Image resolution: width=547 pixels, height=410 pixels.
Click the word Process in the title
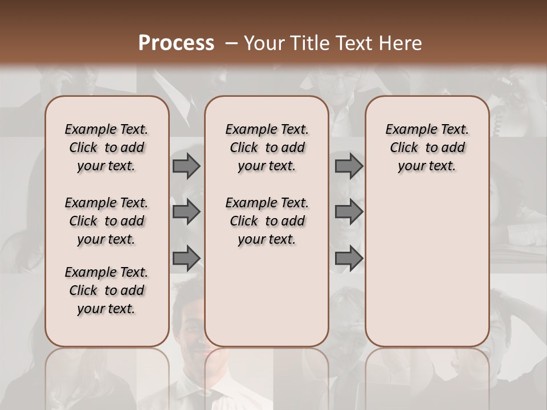(x=176, y=43)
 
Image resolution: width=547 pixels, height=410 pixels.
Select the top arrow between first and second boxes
(x=186, y=166)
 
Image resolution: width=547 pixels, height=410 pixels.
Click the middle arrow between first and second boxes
(x=186, y=212)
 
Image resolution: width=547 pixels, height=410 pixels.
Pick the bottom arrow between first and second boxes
(x=186, y=259)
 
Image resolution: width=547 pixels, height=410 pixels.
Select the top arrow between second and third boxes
(x=349, y=166)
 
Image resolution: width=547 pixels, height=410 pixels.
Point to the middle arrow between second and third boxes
(x=349, y=212)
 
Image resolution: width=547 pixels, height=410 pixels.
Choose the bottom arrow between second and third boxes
(x=349, y=259)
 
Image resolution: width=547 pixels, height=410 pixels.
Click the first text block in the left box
(x=107, y=147)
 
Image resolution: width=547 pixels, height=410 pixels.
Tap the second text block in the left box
(x=107, y=221)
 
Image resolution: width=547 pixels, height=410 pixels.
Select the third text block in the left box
(x=107, y=290)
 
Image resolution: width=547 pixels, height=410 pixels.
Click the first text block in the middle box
(x=267, y=147)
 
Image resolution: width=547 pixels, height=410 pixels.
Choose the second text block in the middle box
(x=267, y=221)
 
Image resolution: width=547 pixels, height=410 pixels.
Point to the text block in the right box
(x=427, y=147)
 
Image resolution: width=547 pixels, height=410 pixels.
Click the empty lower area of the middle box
(x=267, y=296)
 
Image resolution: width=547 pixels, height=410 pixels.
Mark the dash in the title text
(x=231, y=43)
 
